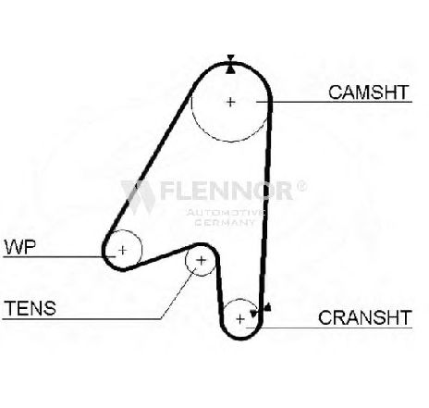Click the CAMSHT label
click(368, 93)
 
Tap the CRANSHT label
click(365, 317)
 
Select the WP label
click(20, 247)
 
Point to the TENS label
click(30, 308)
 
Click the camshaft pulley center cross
click(230, 102)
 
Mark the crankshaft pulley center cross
click(240, 318)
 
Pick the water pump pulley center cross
click(123, 250)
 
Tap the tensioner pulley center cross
click(201, 261)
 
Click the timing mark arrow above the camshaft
click(230, 64)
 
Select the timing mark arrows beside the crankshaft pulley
click(261, 310)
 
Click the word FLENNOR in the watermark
click(226, 191)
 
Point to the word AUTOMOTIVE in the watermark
click(226, 212)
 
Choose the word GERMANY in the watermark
click(226, 222)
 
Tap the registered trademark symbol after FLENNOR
click(301, 186)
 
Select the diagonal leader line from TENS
click(178, 293)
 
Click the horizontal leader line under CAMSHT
click(334, 102)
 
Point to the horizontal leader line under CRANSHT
click(329, 328)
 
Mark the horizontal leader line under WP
click(59, 256)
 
